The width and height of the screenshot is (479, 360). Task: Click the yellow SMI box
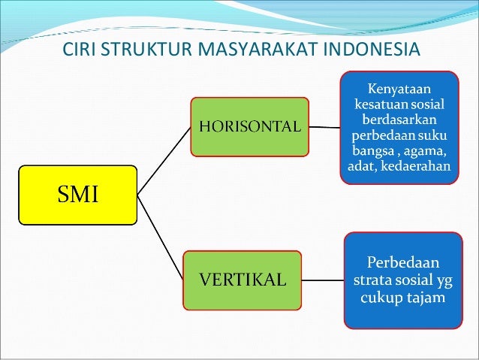[x=77, y=195]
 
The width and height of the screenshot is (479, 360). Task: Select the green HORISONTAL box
[x=249, y=126]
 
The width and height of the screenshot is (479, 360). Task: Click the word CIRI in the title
[x=78, y=52]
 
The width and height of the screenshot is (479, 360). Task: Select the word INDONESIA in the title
[x=372, y=52]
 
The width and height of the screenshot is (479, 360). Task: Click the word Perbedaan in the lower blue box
[x=403, y=263]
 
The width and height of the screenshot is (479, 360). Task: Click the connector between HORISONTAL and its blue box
[x=324, y=126]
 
